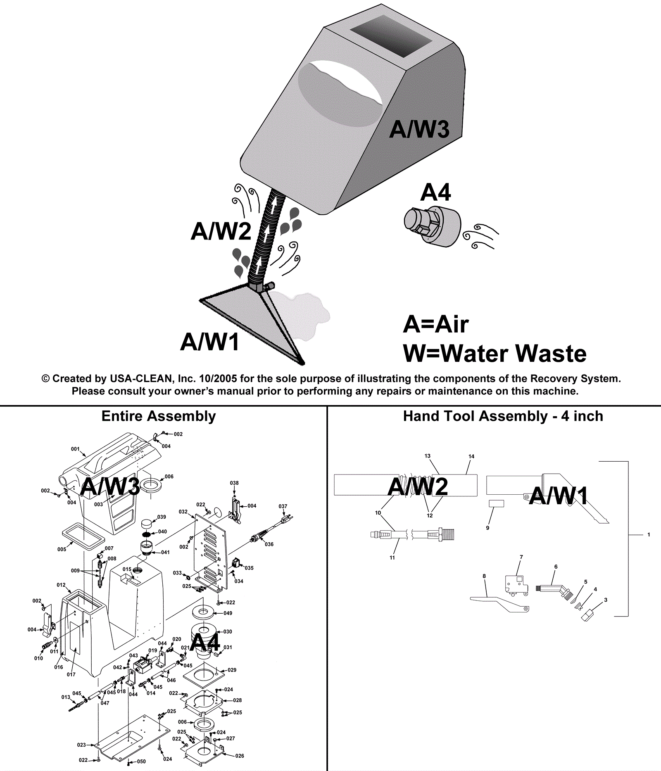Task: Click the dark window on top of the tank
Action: tap(390, 36)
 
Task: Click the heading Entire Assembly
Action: tap(159, 416)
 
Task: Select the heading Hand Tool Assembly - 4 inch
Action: tap(503, 416)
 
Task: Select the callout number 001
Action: tap(75, 449)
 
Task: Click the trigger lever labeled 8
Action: tap(499, 602)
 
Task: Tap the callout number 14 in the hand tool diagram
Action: tap(471, 456)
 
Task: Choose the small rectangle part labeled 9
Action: tap(496, 503)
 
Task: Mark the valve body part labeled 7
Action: tap(516, 584)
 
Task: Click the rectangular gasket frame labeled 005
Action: tap(83, 536)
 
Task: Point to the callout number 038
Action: tap(234, 483)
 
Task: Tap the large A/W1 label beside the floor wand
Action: tap(210, 342)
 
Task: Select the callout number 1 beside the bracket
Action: tap(649, 534)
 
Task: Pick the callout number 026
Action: tap(240, 756)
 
